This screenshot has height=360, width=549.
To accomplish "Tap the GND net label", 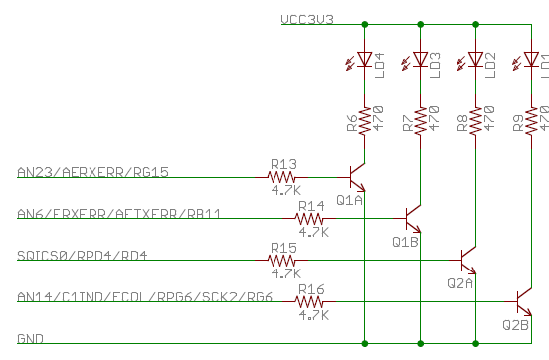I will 30,339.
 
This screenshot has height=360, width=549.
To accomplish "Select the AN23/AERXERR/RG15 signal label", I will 92,172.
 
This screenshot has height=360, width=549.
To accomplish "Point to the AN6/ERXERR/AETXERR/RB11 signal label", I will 118,214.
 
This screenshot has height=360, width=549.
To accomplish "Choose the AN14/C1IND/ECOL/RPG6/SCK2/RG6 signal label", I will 144,297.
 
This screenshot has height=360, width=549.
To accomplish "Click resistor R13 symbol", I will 285,177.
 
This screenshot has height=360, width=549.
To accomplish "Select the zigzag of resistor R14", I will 312,219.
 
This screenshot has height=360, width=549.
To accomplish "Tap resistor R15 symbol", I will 284,261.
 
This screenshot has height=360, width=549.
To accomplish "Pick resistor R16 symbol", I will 312,302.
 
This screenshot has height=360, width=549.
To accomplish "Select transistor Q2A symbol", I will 469,261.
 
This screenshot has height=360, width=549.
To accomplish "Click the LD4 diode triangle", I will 365,61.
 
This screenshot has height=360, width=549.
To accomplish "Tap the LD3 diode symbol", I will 421,61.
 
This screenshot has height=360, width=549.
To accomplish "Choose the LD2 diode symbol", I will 476,61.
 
